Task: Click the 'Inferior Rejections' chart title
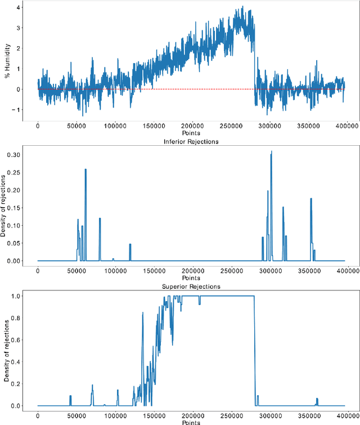tap(191, 142)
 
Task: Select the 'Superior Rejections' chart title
tap(191, 287)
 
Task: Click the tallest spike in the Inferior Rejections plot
tap(271, 151)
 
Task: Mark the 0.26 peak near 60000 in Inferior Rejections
tap(85, 169)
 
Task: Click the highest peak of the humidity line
tap(242, 7)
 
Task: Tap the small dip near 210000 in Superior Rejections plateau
tap(199, 303)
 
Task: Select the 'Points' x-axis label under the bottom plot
tap(191, 422)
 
